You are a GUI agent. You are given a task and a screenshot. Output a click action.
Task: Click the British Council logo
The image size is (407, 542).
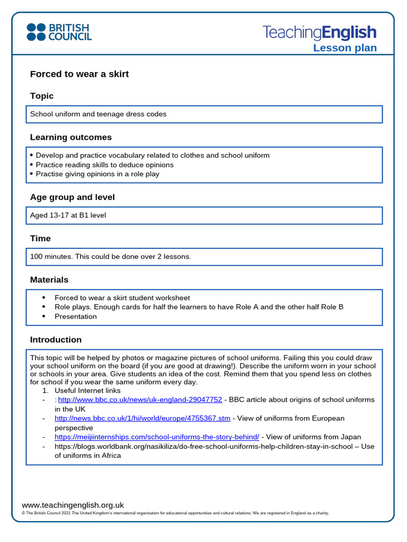[x=59, y=32]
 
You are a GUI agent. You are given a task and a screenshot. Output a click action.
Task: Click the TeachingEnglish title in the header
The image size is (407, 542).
[x=320, y=32]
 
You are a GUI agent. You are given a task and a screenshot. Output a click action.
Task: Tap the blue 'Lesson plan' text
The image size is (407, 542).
[x=344, y=48]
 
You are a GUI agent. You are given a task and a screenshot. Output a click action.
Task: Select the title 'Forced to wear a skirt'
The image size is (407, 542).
[x=79, y=74]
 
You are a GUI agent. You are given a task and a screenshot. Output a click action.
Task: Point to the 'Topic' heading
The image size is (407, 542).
[x=42, y=96]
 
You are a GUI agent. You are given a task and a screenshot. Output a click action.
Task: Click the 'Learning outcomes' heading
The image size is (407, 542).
[x=70, y=137]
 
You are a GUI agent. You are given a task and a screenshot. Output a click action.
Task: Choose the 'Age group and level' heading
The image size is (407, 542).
[x=72, y=197]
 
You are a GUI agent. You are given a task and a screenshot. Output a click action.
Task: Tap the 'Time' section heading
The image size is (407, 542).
[x=40, y=239]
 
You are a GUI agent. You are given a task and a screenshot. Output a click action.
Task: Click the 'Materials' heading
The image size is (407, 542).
[x=49, y=279]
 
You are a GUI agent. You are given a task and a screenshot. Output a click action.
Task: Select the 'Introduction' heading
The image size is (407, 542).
[x=56, y=340]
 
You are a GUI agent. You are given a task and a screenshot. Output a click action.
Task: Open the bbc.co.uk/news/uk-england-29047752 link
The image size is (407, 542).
[x=140, y=400]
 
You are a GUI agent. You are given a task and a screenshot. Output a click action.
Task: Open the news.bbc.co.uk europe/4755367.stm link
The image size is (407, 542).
[x=143, y=418]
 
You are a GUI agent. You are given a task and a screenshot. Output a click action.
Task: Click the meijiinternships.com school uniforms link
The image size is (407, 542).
[x=157, y=437]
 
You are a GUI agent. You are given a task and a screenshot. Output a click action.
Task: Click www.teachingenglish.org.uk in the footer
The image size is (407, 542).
[x=73, y=505]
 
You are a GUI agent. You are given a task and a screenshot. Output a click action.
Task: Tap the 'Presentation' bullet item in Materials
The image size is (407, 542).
[x=76, y=317]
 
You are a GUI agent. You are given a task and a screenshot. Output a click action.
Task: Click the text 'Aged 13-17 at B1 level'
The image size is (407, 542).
[x=68, y=215]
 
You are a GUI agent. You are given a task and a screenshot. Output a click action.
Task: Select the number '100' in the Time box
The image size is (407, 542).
[x=36, y=257]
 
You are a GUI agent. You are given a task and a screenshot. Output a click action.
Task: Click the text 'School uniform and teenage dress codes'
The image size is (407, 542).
[x=98, y=114]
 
